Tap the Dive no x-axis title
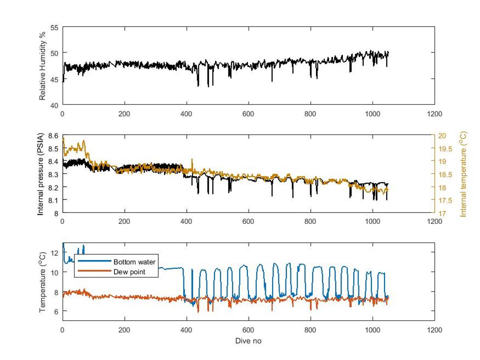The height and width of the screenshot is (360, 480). (x=248, y=341)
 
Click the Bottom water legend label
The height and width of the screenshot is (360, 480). (x=134, y=262)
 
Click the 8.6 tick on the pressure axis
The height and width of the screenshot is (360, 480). (x=53, y=136)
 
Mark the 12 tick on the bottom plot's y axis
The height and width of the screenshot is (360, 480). (x=55, y=252)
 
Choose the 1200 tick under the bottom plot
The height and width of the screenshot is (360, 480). (x=434, y=330)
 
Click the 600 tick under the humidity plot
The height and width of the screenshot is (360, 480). (x=248, y=114)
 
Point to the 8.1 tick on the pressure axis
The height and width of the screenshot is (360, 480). (x=53, y=200)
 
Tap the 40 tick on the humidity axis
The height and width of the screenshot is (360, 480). (x=55, y=105)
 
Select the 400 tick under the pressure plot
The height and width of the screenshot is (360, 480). (x=186, y=222)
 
